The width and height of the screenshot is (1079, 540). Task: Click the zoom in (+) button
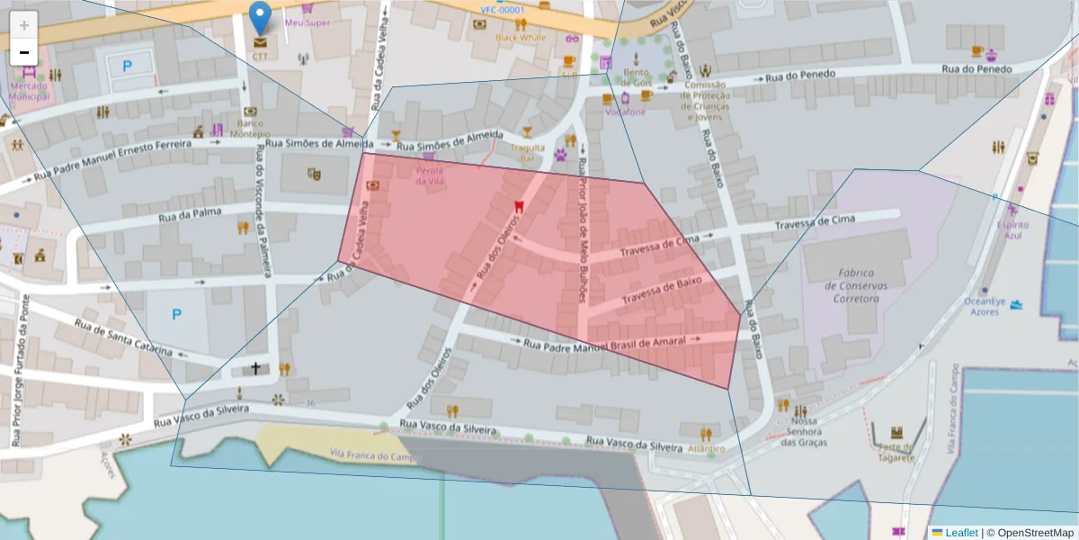24,25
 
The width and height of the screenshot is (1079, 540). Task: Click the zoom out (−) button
24,52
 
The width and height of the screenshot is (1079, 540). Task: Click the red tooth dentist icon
517,206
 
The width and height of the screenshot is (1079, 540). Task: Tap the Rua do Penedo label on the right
976,69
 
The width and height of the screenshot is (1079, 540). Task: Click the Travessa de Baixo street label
662,290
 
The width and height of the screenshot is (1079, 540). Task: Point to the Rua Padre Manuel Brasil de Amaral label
604,343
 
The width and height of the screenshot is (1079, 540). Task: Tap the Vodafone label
625,112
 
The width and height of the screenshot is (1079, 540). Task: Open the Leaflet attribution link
961,533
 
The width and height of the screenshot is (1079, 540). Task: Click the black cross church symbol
256,368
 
